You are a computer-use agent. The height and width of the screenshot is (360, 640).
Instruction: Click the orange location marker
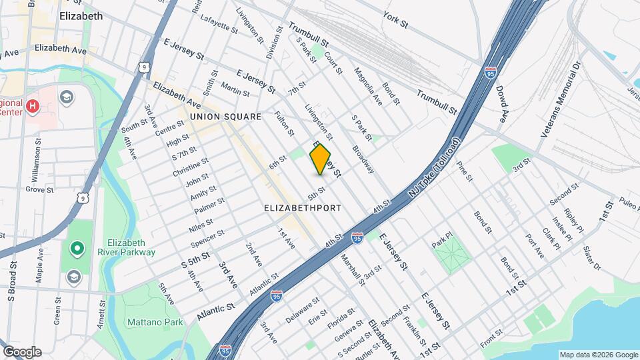321,159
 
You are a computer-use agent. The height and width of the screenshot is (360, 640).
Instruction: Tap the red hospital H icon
31,105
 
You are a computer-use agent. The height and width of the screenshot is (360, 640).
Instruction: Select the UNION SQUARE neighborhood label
225,117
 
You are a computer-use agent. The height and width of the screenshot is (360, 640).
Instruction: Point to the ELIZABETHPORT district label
303,208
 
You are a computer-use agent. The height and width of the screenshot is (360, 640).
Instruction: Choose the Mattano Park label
145,322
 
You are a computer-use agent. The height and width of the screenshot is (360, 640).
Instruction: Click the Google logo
21,352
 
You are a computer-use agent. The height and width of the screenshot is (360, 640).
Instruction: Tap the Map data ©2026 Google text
598,355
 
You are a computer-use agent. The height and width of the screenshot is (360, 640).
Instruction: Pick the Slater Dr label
591,258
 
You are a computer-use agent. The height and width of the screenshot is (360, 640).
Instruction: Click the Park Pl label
442,240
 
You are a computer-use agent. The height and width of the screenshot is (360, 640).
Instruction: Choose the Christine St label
191,167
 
